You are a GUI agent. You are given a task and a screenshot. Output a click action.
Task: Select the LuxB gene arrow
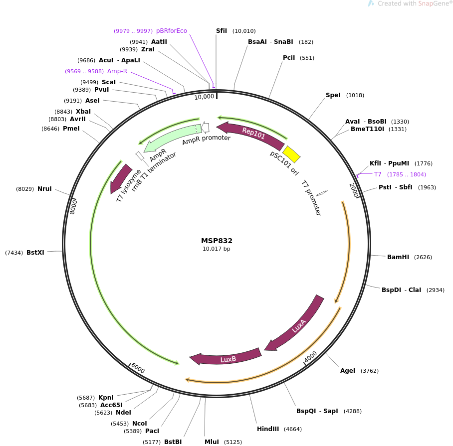coord(227,358)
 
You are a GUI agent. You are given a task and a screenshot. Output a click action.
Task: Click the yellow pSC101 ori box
coord(291,154)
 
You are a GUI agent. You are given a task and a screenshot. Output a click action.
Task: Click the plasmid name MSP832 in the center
coord(217,241)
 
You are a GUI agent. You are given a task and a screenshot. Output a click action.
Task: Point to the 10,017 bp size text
coord(217,249)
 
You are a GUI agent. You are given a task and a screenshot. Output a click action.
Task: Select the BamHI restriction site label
coord(398,257)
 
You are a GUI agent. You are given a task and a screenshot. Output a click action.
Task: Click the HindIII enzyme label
coord(268,429)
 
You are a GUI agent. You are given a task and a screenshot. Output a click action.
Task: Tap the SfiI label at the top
coord(221,31)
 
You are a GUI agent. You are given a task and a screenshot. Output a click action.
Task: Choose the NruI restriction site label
coord(44,189)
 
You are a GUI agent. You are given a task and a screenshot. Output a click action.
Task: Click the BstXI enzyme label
coord(35,253)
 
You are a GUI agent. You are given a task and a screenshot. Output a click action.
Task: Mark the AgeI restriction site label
coord(348,371)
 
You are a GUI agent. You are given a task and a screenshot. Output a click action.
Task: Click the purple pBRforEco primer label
coord(171,31)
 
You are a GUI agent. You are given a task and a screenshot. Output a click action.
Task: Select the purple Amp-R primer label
coord(117,71)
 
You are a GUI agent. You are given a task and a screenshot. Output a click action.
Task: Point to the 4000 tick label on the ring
coord(310,357)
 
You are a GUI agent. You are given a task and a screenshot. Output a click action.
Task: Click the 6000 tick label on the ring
coord(138,369)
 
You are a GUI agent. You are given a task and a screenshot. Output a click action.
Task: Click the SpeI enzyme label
coord(333,95)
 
